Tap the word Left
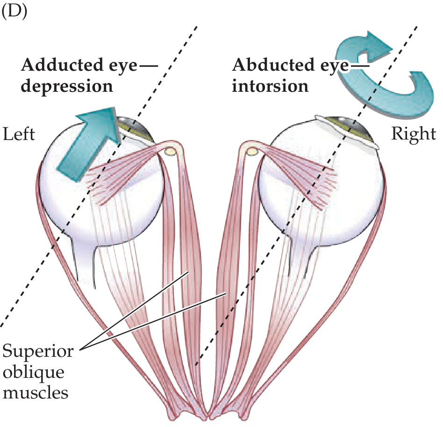click(19, 134)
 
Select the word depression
click(66, 87)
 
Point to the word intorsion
click(270, 87)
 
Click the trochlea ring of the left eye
click(171, 151)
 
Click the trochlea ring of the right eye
click(252, 151)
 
